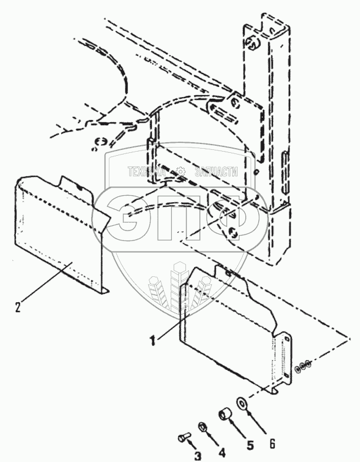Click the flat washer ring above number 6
tap(241, 403)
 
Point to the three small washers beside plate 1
tap(304, 366)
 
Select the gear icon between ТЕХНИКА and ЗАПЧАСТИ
tap(182, 171)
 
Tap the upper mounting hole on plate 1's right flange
tap(287, 339)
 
